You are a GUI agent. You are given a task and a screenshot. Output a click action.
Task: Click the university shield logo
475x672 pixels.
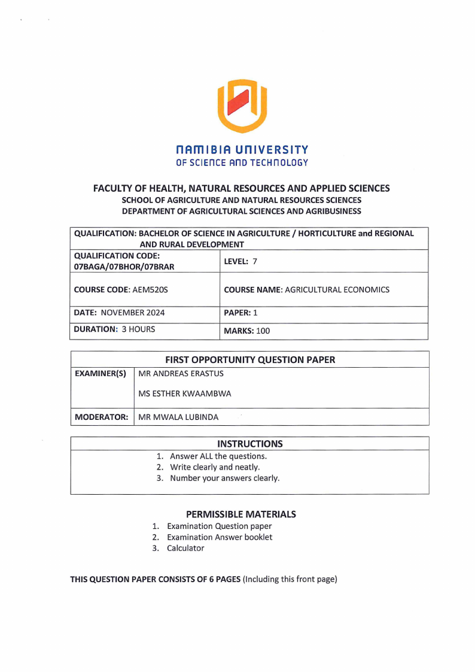[242, 106]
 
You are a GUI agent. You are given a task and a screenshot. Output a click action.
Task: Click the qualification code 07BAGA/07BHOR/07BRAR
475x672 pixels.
[124, 266]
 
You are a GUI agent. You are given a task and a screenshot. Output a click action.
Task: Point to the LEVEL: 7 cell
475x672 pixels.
[240, 261]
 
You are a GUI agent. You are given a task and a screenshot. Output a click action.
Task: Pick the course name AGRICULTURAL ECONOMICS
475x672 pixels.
[337, 290]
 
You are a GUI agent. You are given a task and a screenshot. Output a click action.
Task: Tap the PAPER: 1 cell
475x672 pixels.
[236, 313]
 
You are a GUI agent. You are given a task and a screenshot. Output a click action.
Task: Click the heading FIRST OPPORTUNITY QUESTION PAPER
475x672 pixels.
[250, 360]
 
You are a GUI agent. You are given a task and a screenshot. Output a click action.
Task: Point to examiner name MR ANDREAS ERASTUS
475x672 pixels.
[181, 374]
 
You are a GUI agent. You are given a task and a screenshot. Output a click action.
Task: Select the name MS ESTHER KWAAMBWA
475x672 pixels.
[184, 394]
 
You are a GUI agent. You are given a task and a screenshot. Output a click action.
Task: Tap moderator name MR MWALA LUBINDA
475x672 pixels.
[178, 417]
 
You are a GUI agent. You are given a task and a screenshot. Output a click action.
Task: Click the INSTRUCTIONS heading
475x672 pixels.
[249, 444]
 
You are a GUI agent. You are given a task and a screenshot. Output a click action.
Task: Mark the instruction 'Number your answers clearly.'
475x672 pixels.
[224, 478]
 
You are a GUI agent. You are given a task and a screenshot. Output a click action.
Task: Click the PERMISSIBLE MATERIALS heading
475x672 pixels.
[240, 514]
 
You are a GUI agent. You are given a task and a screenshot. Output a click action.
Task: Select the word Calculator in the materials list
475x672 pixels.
[185, 548]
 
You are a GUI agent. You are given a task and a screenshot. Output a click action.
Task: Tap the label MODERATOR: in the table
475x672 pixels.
[101, 417]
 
